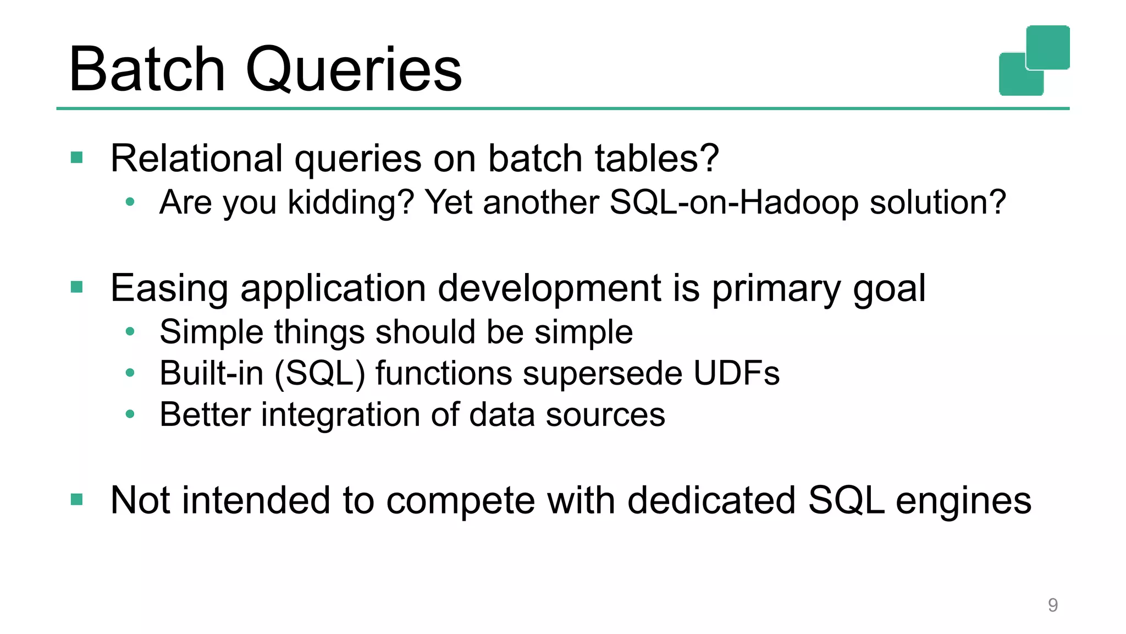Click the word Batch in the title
click(x=147, y=70)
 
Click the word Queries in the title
click(x=354, y=70)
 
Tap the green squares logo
click(x=1034, y=61)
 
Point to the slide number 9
click(x=1052, y=605)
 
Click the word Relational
click(x=196, y=158)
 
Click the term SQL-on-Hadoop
click(x=734, y=202)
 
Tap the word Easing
click(x=169, y=288)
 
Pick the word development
click(x=549, y=288)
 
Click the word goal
click(x=889, y=288)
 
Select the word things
click(x=319, y=332)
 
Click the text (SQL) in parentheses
click(x=319, y=373)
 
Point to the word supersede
click(x=603, y=373)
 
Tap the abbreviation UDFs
click(x=736, y=373)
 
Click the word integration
click(x=340, y=414)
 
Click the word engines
click(x=963, y=500)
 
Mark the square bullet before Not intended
click(x=77, y=500)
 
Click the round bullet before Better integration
click(x=130, y=414)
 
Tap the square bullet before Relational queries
click(x=77, y=158)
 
